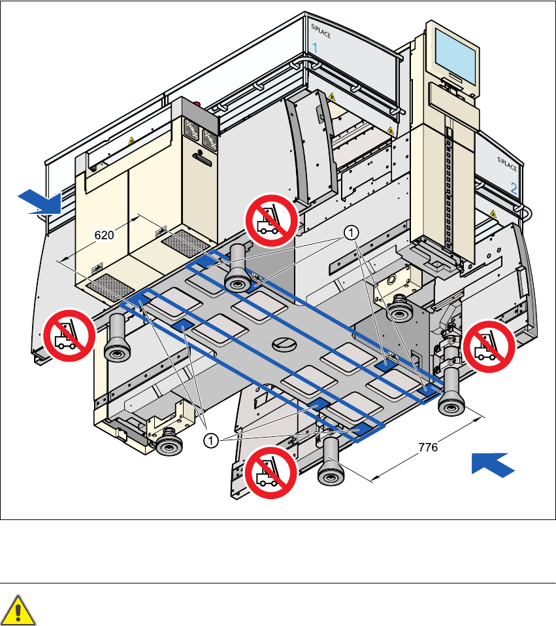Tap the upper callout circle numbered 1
point(352,232)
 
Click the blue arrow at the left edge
point(40,201)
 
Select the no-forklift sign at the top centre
point(270,220)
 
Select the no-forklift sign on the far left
point(69,334)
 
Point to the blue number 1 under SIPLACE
point(315,48)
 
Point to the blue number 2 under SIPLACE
point(514,188)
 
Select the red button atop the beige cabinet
point(199,103)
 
